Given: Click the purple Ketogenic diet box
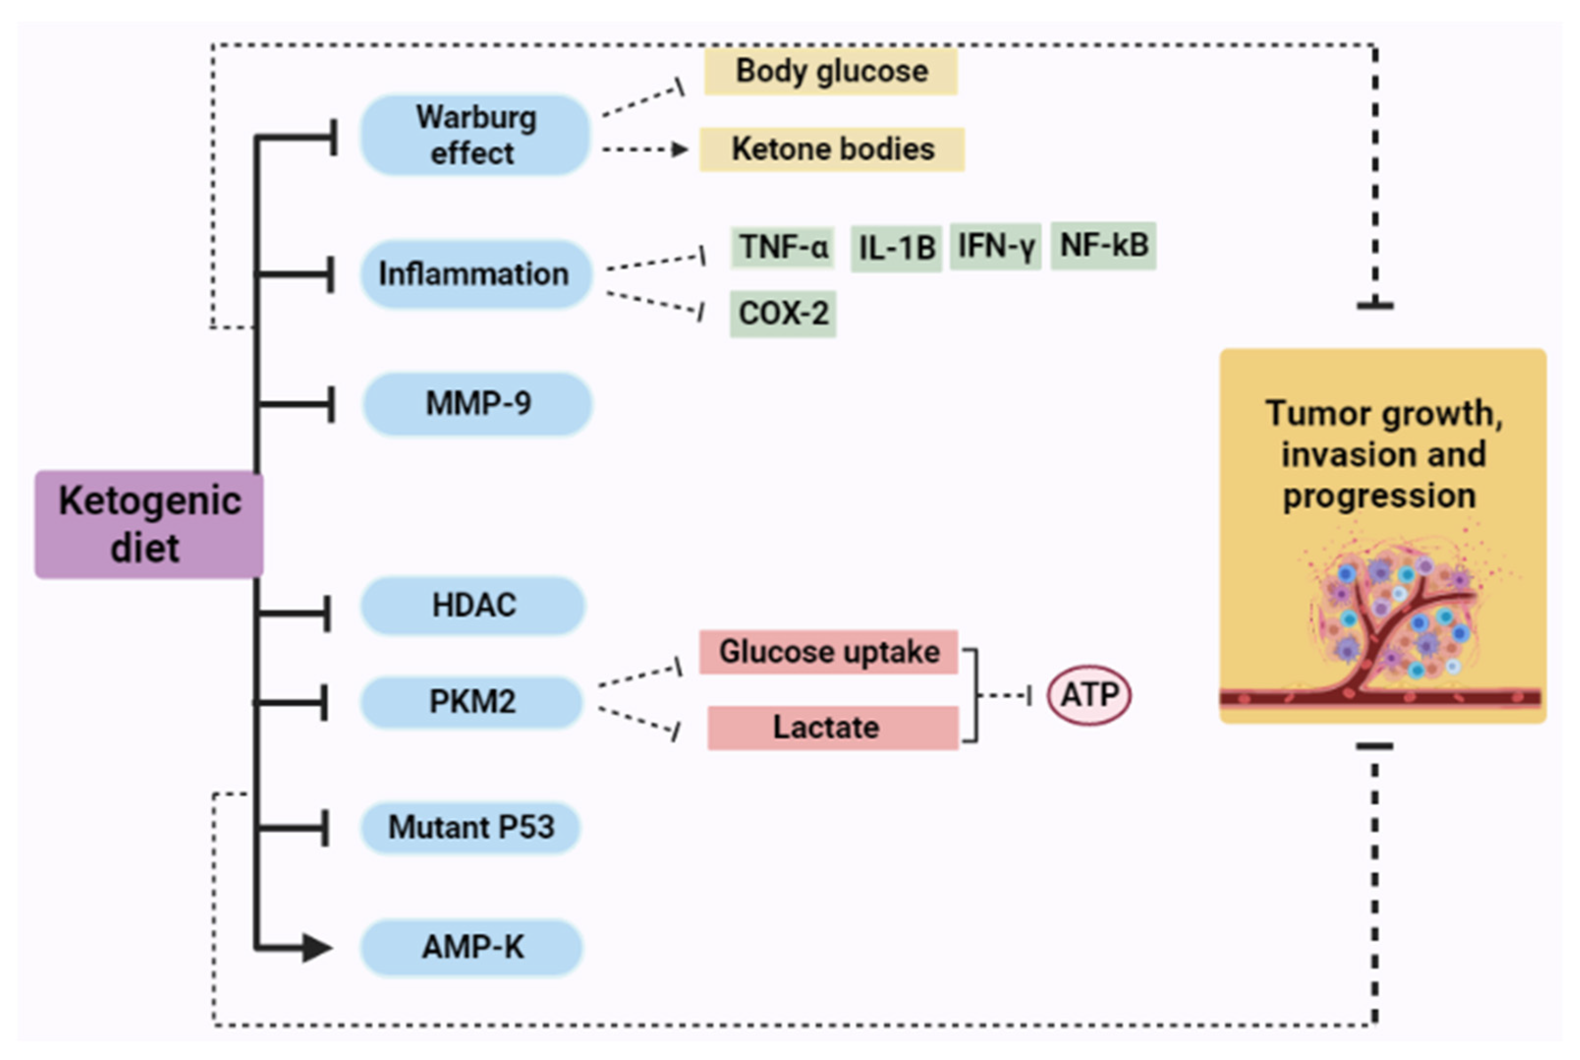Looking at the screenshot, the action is [x=149, y=524].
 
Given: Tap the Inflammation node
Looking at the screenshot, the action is [x=476, y=274].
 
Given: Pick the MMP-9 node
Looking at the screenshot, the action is [x=478, y=404].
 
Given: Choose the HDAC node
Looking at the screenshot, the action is [x=473, y=605].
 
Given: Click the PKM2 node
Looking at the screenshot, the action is [x=472, y=702].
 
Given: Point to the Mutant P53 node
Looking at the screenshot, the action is [x=471, y=827].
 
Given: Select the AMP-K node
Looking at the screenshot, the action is [x=472, y=947].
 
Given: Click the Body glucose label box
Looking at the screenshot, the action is [x=831, y=71].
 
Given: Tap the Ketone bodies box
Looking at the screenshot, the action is [x=832, y=149].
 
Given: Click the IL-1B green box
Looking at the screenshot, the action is [x=896, y=248].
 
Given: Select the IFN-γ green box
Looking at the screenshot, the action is [x=996, y=246].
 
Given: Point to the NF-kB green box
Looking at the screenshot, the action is [x=1104, y=245].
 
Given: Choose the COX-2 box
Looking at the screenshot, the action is [x=783, y=314].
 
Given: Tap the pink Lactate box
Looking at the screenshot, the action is [x=833, y=728].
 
